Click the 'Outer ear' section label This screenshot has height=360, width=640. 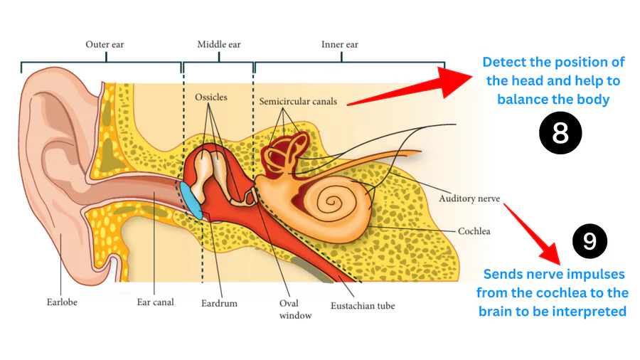105,45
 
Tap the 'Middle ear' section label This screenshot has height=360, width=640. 218,45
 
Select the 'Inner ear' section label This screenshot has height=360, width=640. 339,45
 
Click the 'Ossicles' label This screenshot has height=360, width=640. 211,97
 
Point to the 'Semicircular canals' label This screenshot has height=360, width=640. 298,102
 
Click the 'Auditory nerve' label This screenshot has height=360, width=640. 469,198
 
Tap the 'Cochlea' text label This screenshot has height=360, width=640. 474,231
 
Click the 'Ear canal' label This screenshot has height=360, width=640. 155,302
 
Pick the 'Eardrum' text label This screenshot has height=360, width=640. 219,304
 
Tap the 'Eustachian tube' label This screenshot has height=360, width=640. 363,307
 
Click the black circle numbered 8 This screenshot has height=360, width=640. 560,133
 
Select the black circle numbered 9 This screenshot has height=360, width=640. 590,241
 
